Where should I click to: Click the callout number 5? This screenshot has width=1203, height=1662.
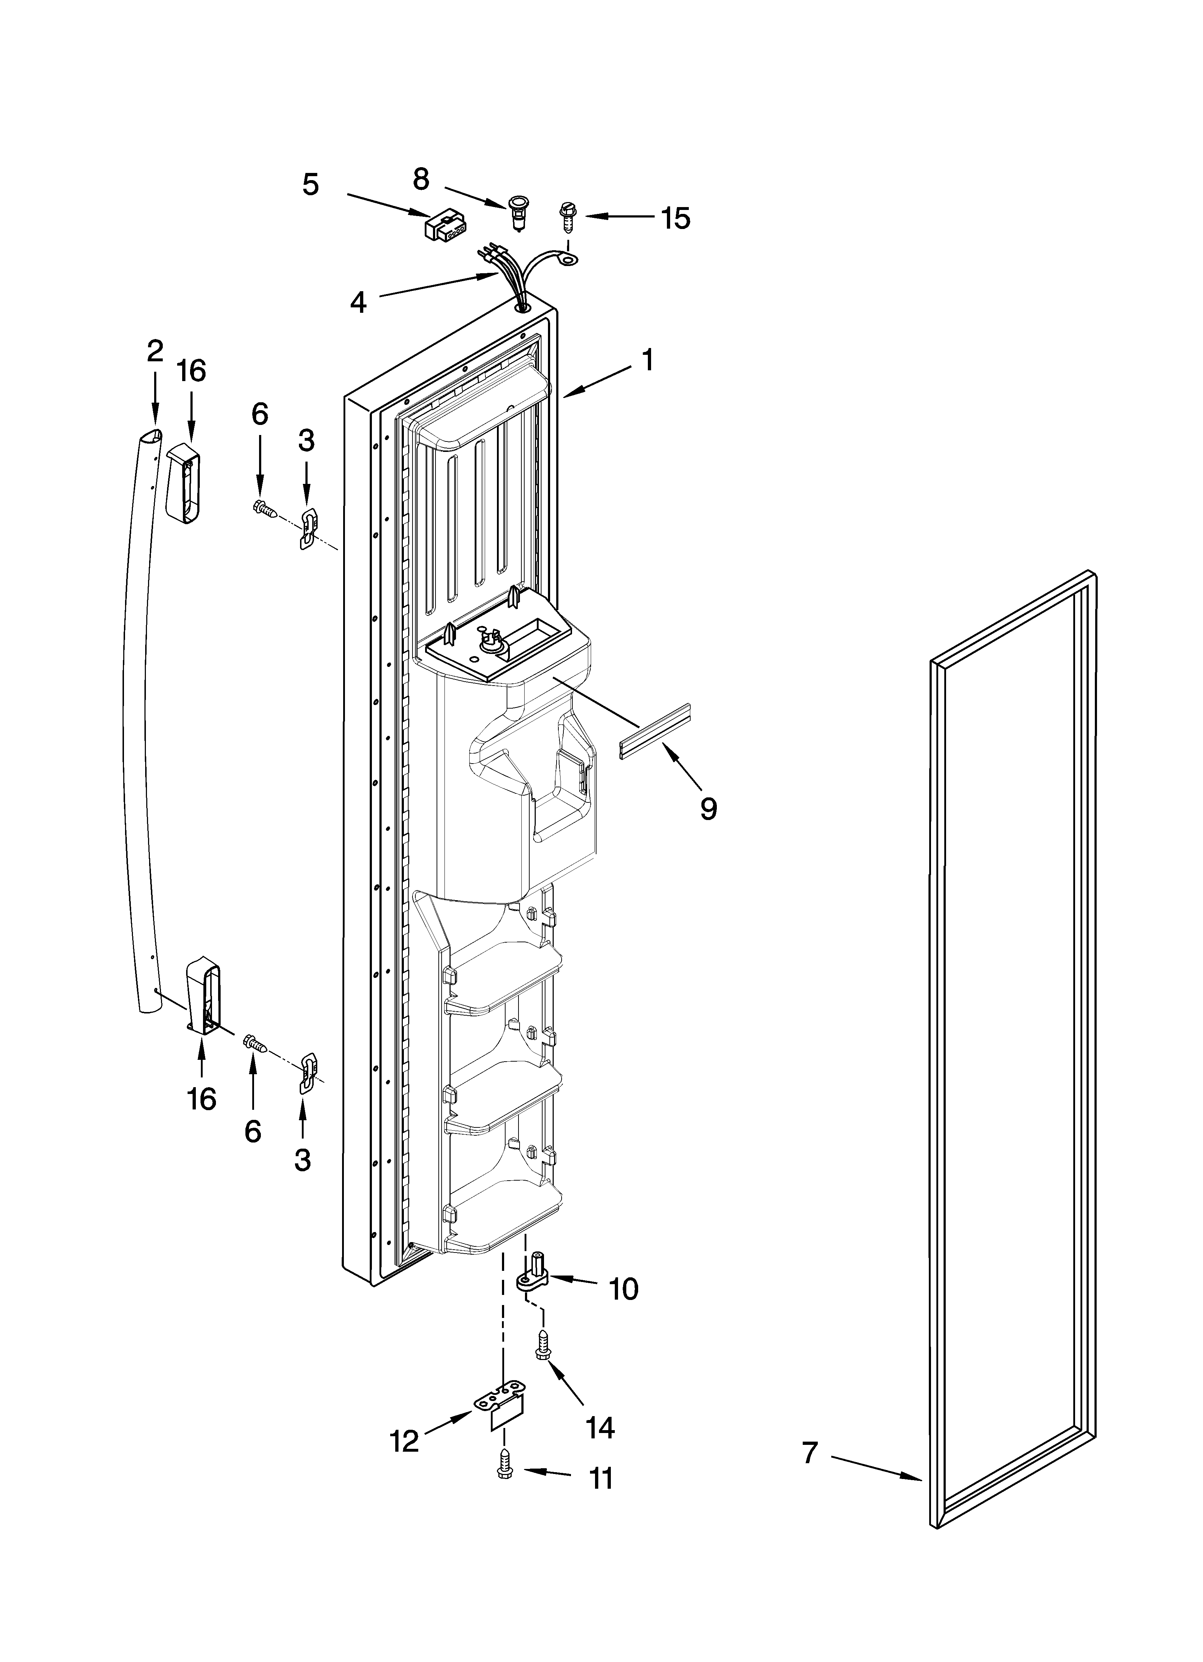311,185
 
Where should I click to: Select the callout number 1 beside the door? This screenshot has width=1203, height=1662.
647,361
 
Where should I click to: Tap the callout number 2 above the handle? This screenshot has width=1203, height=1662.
155,352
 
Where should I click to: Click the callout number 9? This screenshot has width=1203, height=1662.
708,808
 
